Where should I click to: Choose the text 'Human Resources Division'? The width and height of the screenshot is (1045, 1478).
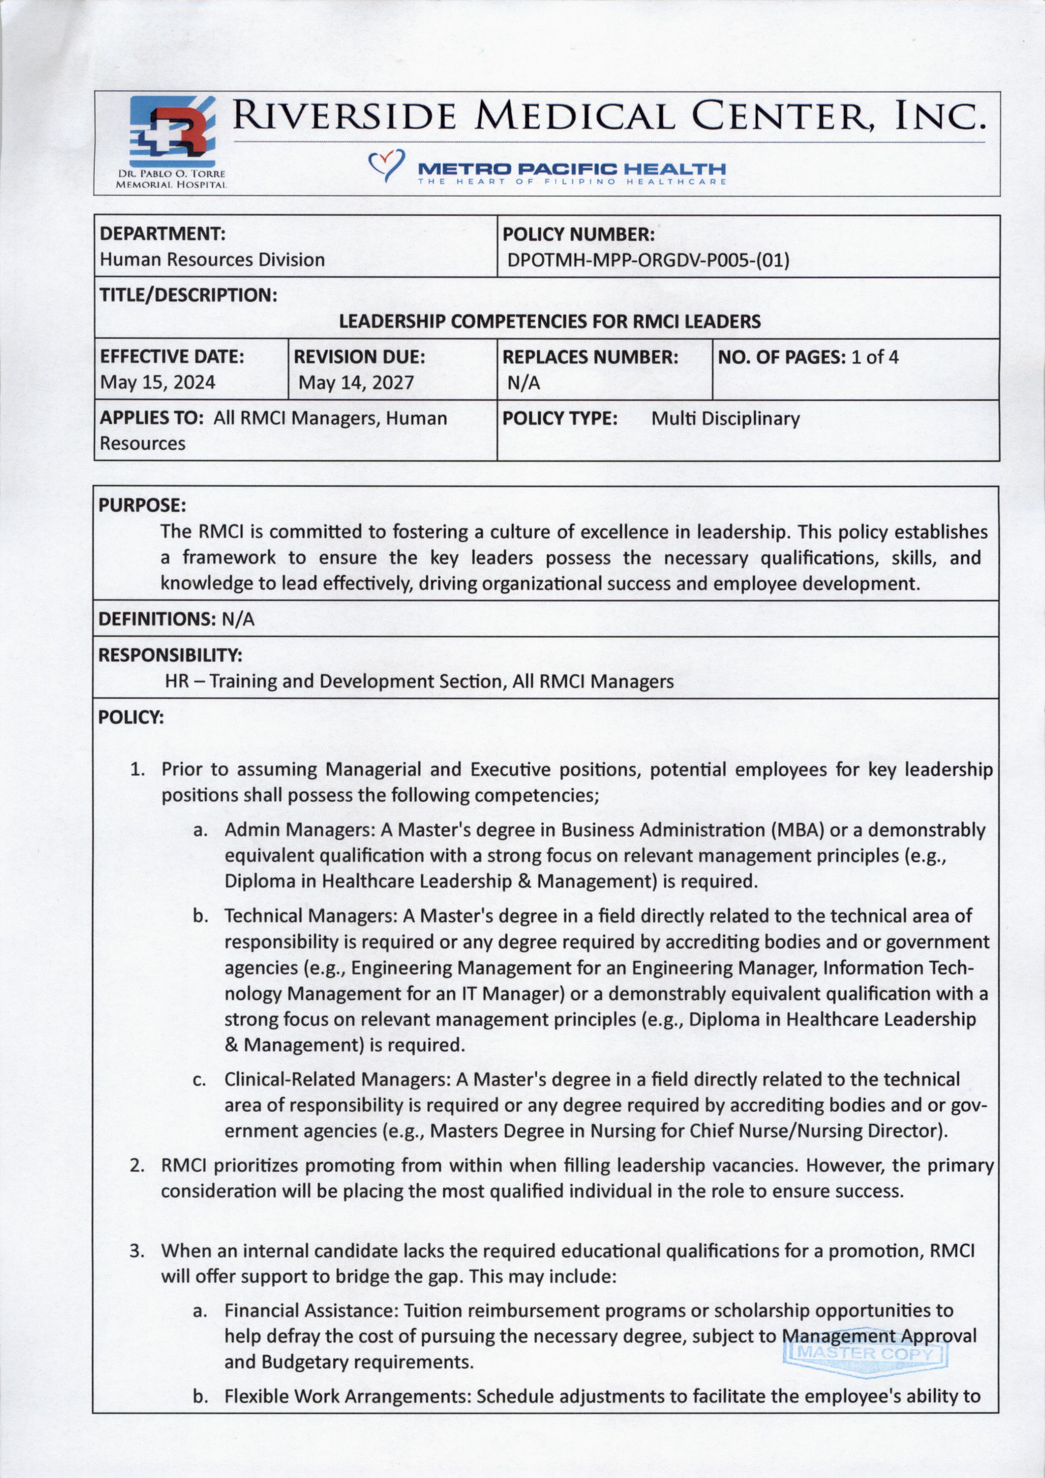(x=212, y=260)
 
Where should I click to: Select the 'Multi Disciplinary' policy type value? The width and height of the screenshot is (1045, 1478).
(x=725, y=419)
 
